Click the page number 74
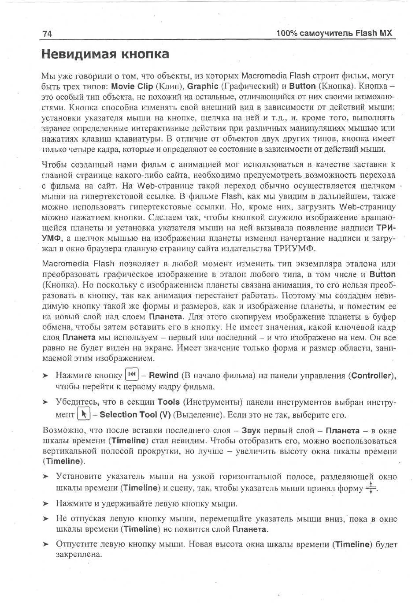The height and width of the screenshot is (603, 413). tap(47, 34)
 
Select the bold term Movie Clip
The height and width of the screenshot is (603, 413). tap(132, 86)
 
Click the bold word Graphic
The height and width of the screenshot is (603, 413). tap(203, 86)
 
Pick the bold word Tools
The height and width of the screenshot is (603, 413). tap(168, 402)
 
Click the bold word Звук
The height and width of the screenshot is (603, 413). tap(251, 431)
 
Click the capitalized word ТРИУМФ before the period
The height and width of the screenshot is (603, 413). tap(294, 249)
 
